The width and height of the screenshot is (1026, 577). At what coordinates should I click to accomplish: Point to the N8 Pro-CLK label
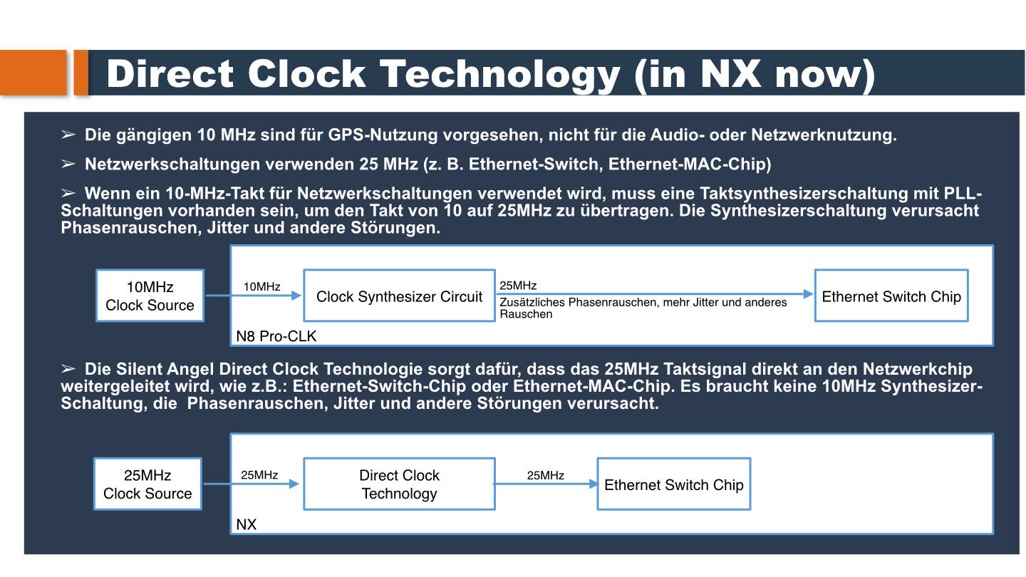[x=276, y=336]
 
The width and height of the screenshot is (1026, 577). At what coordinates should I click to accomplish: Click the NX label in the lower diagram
[x=246, y=525]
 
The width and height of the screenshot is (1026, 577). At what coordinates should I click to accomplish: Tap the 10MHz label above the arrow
[x=261, y=286]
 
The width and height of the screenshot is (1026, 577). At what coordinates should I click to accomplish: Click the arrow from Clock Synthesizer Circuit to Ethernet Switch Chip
[x=655, y=294]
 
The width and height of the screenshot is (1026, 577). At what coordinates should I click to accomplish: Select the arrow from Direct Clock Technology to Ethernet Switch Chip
[x=546, y=484]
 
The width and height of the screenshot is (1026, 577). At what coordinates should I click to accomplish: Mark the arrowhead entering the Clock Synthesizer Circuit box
[x=296, y=296]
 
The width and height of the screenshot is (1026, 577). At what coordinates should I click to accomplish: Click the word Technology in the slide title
[x=500, y=74]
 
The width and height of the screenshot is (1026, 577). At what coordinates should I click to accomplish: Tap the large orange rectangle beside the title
[x=33, y=73]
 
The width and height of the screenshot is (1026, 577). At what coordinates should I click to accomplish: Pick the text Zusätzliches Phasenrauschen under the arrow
[x=578, y=302]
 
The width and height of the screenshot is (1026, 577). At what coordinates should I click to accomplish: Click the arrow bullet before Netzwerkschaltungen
[x=68, y=164]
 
